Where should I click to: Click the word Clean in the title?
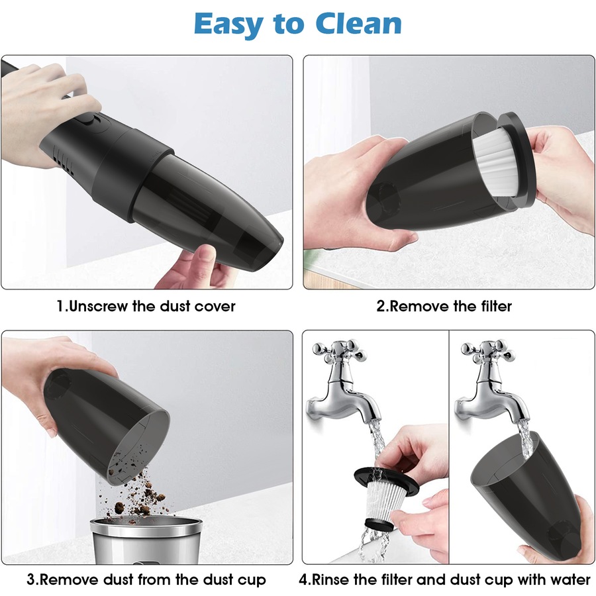click(358, 25)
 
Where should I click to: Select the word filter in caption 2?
click(492, 306)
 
